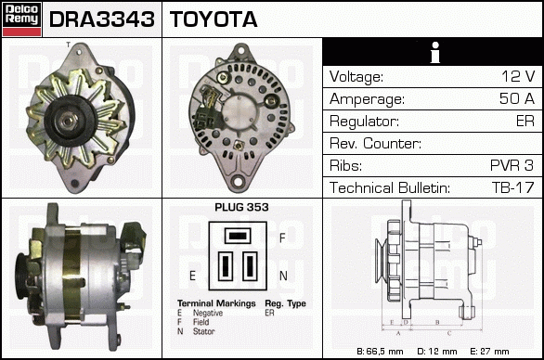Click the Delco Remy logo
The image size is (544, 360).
tap(22, 19)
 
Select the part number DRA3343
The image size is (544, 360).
tap(102, 19)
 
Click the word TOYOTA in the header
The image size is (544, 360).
tap(214, 19)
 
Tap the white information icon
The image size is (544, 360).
tap(435, 52)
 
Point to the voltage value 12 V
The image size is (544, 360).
tap(518, 76)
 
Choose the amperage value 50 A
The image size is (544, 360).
tap(516, 98)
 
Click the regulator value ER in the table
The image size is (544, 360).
tap(525, 121)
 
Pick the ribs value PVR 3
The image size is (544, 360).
tap(512, 165)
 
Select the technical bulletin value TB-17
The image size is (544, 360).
tap(512, 187)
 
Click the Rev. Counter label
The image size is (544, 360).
tap(375, 143)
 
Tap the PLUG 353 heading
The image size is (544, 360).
tap(241, 207)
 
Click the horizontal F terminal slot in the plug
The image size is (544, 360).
tap(238, 236)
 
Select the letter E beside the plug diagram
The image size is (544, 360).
tap(192, 276)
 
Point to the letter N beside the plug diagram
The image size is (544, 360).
tap(283, 276)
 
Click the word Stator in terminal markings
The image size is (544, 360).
tap(203, 331)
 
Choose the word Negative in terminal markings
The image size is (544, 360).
tap(208, 313)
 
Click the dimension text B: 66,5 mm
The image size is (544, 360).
tap(380, 352)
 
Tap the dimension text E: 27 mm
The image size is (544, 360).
tap(489, 352)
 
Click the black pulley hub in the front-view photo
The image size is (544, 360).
tap(69, 121)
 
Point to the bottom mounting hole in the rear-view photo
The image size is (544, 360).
tap(238, 181)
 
